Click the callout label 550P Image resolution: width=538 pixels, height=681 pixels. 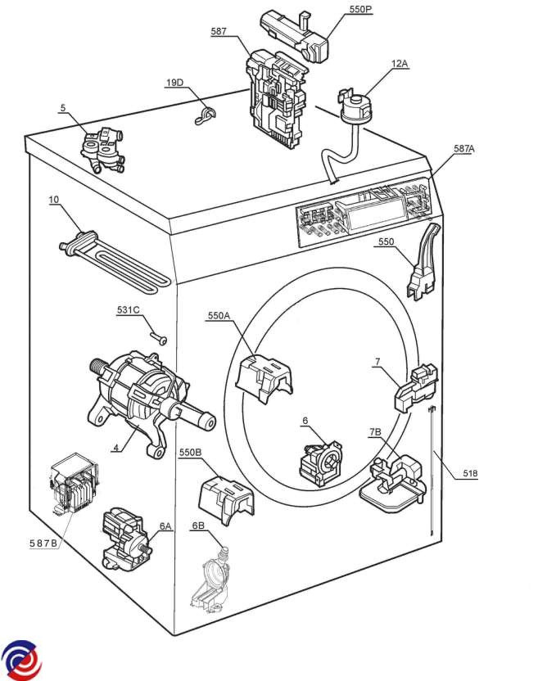click(x=360, y=9)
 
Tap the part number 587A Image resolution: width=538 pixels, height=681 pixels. click(x=464, y=148)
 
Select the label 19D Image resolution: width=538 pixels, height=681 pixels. click(x=174, y=83)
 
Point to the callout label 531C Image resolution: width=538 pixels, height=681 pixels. click(x=129, y=310)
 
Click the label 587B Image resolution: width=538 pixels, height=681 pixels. click(x=43, y=543)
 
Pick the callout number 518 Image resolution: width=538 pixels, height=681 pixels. click(x=470, y=473)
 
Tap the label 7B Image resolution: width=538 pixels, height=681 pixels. click(x=375, y=432)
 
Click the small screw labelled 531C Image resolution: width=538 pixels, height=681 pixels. click(x=159, y=338)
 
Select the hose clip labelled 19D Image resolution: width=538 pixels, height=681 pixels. click(x=205, y=115)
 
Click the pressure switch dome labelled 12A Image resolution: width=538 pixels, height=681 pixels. click(x=355, y=109)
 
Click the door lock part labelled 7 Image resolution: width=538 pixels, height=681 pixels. click(x=416, y=388)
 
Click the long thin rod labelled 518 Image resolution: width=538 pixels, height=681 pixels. click(x=432, y=471)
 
